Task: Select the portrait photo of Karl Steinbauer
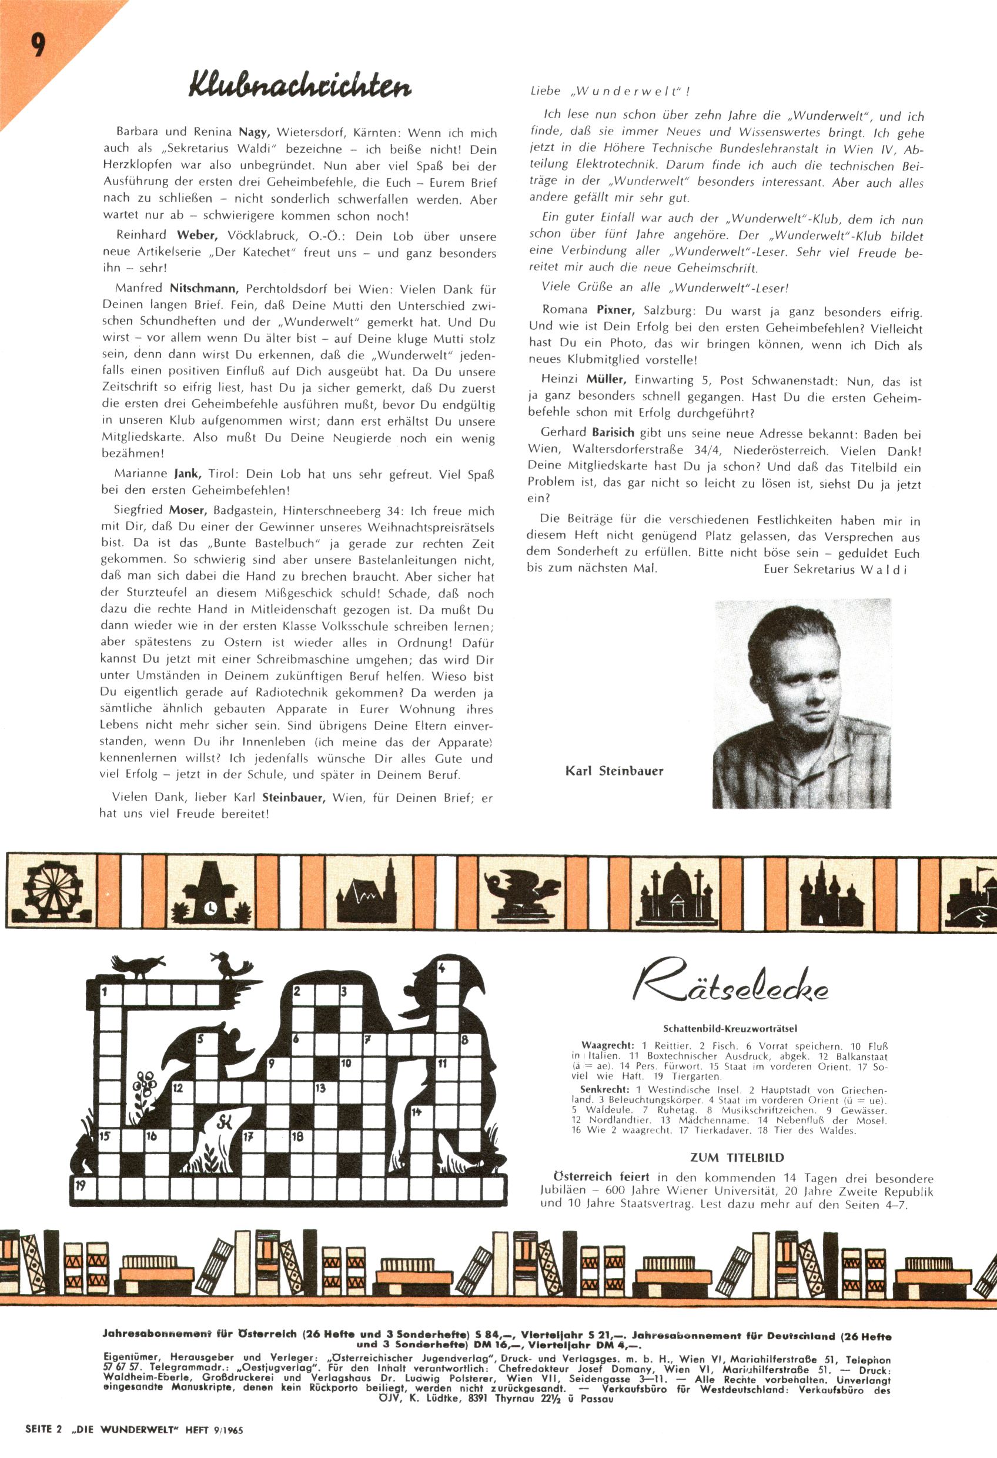tap(801, 703)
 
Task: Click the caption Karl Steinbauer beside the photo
tap(614, 771)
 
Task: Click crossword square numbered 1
tap(109, 992)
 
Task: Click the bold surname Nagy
tap(253, 133)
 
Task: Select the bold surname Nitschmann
tap(203, 289)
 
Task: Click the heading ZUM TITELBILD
tap(737, 1158)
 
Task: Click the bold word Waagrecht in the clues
tap(607, 1046)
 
